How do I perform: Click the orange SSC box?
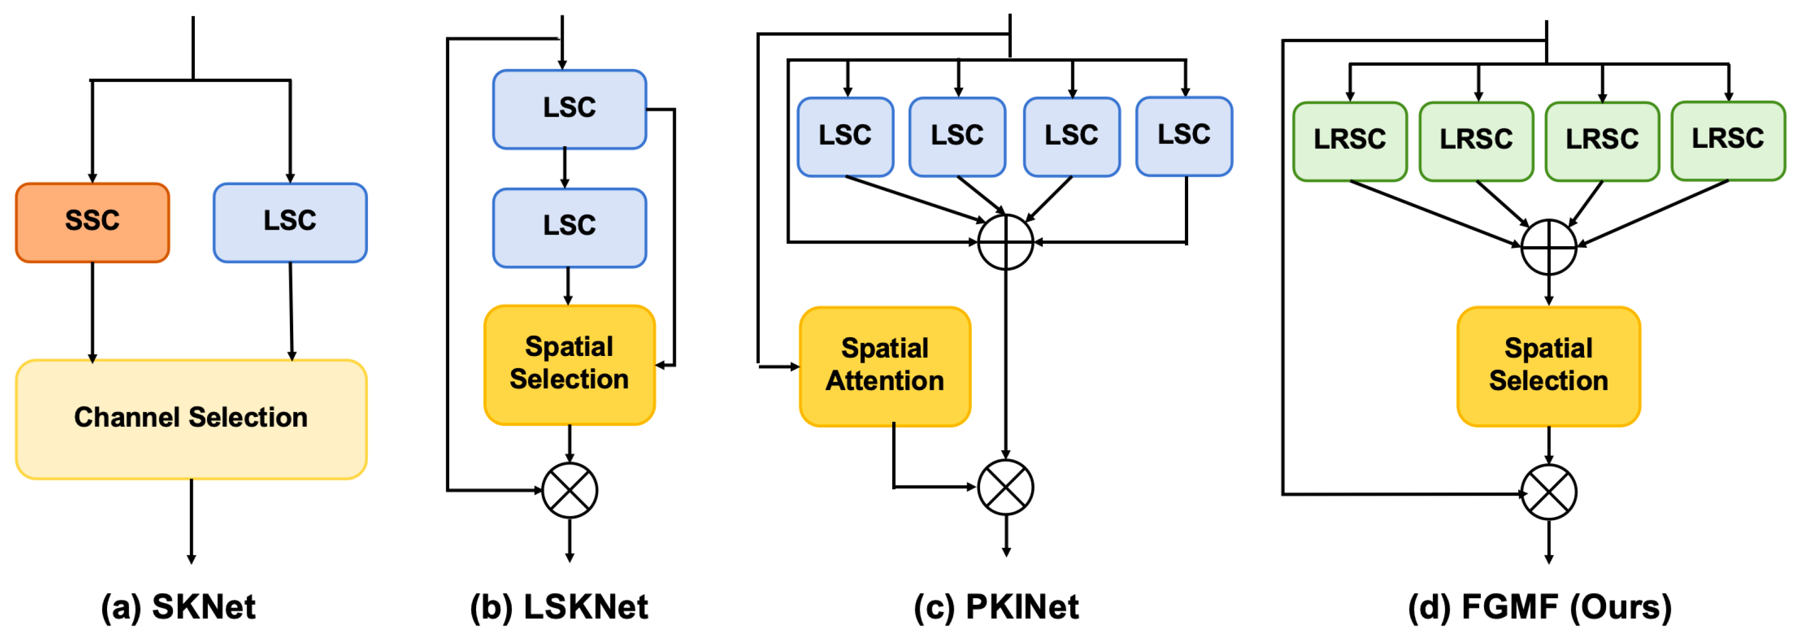tap(92, 222)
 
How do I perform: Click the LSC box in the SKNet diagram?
tap(290, 222)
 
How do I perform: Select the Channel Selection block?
tap(191, 419)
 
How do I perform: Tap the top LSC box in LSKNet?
tap(569, 109)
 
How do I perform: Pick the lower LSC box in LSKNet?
tap(569, 227)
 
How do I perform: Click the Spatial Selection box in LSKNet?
tap(569, 364)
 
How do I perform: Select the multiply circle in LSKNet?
tap(569, 490)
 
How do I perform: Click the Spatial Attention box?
tap(885, 366)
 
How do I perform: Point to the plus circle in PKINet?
tap(1005, 242)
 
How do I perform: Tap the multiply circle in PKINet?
tap(1005, 487)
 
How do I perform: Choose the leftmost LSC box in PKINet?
tap(845, 137)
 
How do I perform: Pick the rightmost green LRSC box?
tap(1728, 140)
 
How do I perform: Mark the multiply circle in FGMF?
tap(1548, 492)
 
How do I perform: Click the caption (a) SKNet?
tap(178, 606)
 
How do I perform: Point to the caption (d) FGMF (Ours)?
tap(1540, 606)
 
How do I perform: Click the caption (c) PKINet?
tap(997, 606)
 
